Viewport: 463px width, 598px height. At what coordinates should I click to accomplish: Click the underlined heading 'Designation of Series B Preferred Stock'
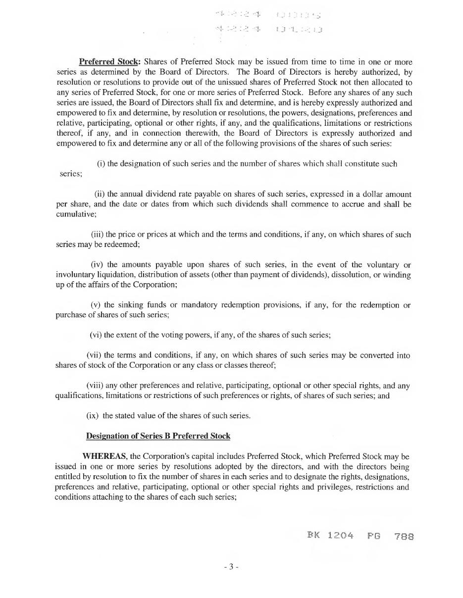(158, 436)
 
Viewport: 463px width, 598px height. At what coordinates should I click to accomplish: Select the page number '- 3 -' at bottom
(231, 566)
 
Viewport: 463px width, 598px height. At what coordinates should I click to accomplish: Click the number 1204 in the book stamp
(340, 536)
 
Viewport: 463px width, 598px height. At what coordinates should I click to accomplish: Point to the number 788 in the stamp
(404, 536)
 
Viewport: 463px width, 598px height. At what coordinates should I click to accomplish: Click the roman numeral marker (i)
(101, 163)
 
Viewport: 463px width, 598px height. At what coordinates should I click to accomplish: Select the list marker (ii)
(99, 194)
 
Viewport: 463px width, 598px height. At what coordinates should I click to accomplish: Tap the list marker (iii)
(97, 234)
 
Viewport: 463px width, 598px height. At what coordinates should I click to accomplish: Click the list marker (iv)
(97, 265)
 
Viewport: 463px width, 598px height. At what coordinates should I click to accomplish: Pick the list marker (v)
(96, 305)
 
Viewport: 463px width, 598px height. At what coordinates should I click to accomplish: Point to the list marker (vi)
(96, 335)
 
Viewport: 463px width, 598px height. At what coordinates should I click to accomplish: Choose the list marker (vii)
(94, 355)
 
